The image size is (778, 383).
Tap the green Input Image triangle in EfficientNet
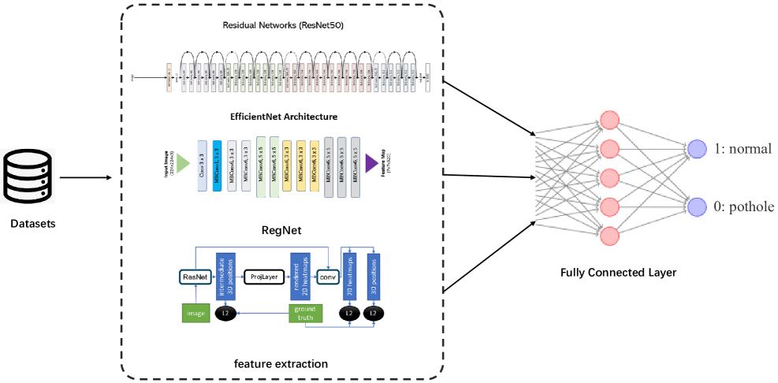coord(182,163)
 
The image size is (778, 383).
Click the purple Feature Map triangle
coord(370,163)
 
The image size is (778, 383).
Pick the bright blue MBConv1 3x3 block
coord(217,163)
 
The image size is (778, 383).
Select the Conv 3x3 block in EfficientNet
coord(202,163)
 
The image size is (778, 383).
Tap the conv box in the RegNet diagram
coord(326,277)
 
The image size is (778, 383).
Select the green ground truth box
coord(305,313)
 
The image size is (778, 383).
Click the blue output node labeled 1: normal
coord(696,150)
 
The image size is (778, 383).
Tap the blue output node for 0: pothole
coord(696,206)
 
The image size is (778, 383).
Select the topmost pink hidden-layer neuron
coord(609,121)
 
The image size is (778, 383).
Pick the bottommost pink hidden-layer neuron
coord(609,236)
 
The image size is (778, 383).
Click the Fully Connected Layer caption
coord(618,273)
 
